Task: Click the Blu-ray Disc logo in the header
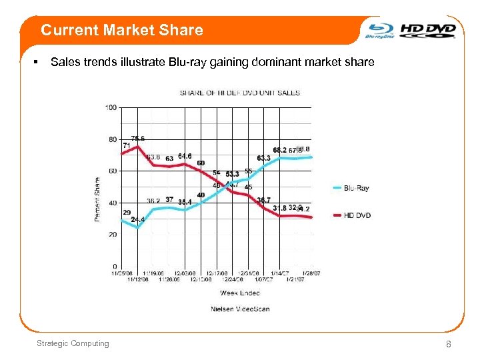coord(380,31)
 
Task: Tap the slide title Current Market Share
coord(121,30)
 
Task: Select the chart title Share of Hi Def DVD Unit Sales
coord(240,93)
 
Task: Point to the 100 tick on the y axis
coord(111,107)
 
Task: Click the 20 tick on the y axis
coord(113,235)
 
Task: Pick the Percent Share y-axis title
coord(98,199)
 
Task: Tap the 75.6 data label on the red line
coord(138,139)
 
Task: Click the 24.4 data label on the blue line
coord(138,219)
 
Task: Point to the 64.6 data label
coord(185,157)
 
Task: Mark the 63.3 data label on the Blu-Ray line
coord(263,158)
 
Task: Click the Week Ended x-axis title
coord(239,293)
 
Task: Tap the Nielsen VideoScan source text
coord(240,309)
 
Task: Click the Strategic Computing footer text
coord(73,343)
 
